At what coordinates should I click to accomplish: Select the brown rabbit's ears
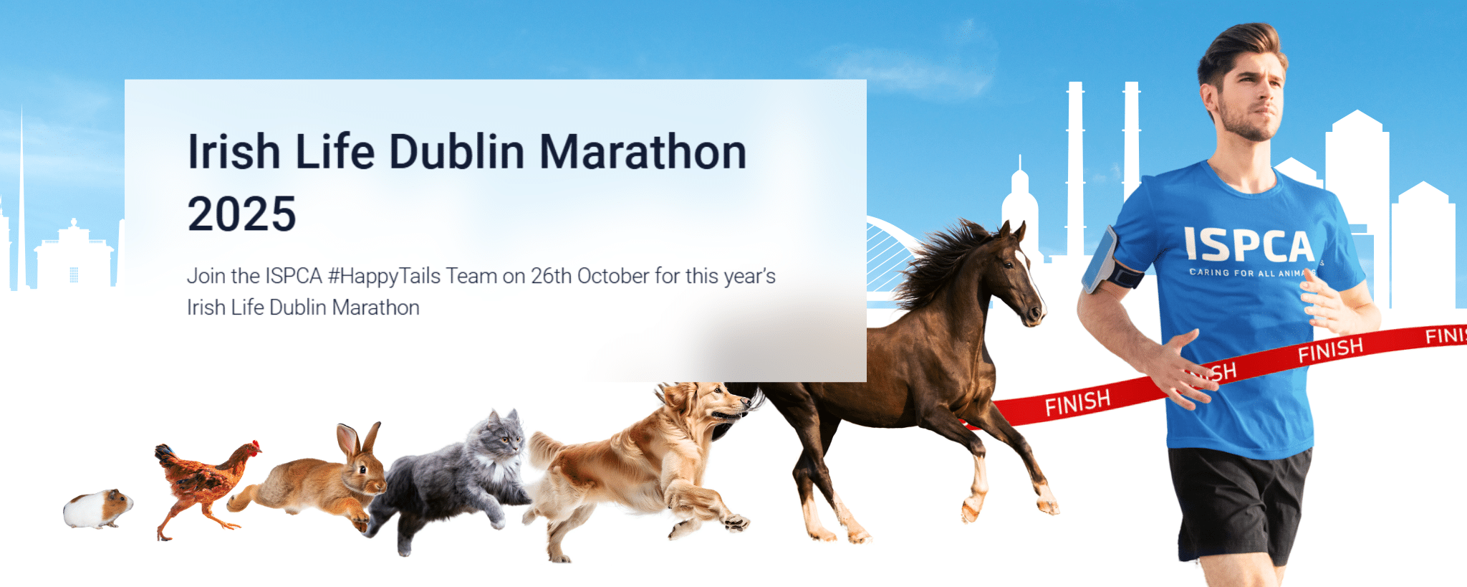(358, 439)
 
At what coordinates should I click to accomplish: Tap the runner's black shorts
(1239, 502)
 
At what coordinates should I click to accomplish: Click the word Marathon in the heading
(643, 152)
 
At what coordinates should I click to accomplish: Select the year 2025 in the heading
(241, 214)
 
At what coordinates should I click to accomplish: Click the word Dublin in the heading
(456, 152)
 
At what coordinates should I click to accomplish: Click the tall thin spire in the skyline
(21, 201)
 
